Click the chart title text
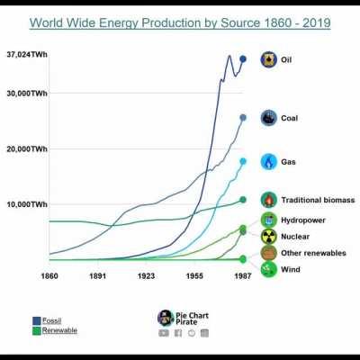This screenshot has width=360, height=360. [180, 22]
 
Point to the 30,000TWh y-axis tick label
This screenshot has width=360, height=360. [28, 93]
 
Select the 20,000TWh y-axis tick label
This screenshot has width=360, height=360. [28, 149]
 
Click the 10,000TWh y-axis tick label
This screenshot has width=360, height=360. [28, 205]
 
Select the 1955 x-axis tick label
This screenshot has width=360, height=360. [194, 275]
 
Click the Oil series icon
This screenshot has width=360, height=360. [268, 60]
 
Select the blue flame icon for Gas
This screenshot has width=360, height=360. [268, 162]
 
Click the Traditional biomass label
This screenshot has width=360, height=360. [318, 200]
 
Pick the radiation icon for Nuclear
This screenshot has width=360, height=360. [268, 237]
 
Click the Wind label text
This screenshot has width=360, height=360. [292, 269]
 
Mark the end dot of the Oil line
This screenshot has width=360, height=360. [243, 59]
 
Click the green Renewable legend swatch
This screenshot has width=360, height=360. [36, 330]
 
